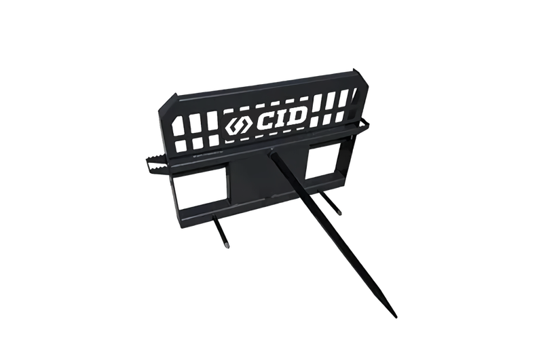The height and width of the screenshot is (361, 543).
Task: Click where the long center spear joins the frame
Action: tap(273, 151)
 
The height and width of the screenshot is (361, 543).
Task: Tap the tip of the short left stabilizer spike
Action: tap(227, 246)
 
